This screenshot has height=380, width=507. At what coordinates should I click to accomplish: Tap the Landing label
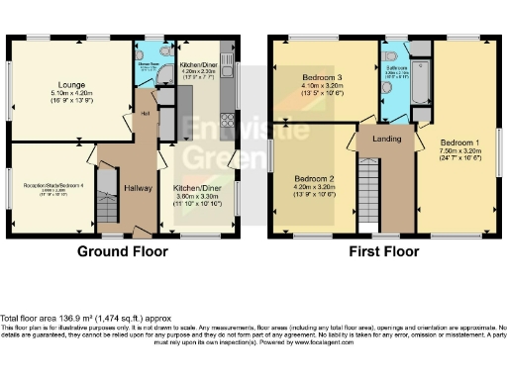pos(386,139)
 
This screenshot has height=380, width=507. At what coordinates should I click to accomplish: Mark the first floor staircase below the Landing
pos(367,194)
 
